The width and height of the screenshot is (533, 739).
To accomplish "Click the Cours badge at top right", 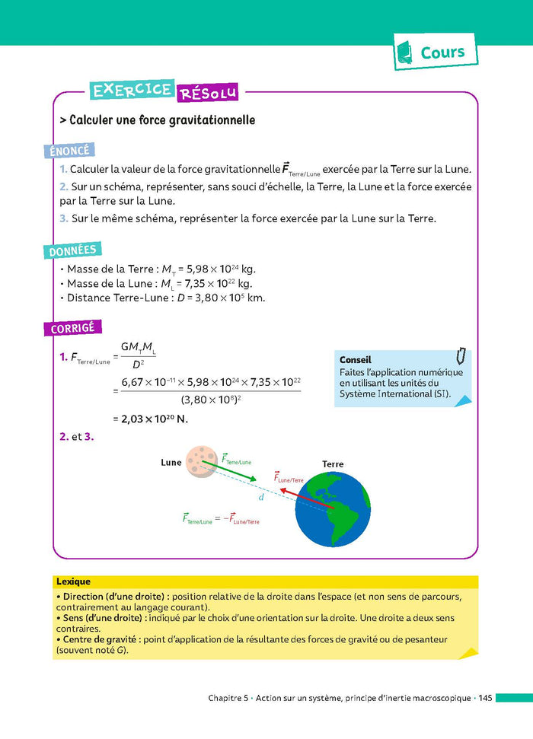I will pyautogui.click(x=436, y=53).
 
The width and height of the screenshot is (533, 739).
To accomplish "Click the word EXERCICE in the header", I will pyautogui.click(x=132, y=90).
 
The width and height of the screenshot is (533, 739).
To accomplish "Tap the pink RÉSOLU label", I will pyautogui.click(x=207, y=94).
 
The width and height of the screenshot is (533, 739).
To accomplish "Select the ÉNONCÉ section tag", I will pyautogui.click(x=71, y=151).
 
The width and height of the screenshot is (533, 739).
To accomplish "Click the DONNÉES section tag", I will pyautogui.click(x=74, y=250).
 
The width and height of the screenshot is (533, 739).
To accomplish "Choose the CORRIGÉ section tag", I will pyautogui.click(x=73, y=328).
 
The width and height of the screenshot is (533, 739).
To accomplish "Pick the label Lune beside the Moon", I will pyautogui.click(x=171, y=462).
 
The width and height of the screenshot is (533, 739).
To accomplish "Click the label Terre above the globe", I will pyautogui.click(x=333, y=463).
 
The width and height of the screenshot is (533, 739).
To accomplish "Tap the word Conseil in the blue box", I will pyautogui.click(x=356, y=360).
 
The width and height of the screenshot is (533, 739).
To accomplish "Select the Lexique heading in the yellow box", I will pyautogui.click(x=73, y=581).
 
